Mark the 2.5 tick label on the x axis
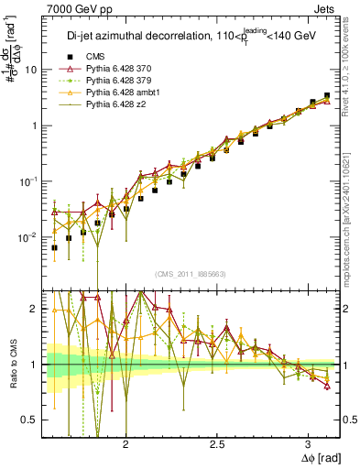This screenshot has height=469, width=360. click(x=217, y=443)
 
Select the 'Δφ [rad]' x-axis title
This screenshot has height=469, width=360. click(x=318, y=457)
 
